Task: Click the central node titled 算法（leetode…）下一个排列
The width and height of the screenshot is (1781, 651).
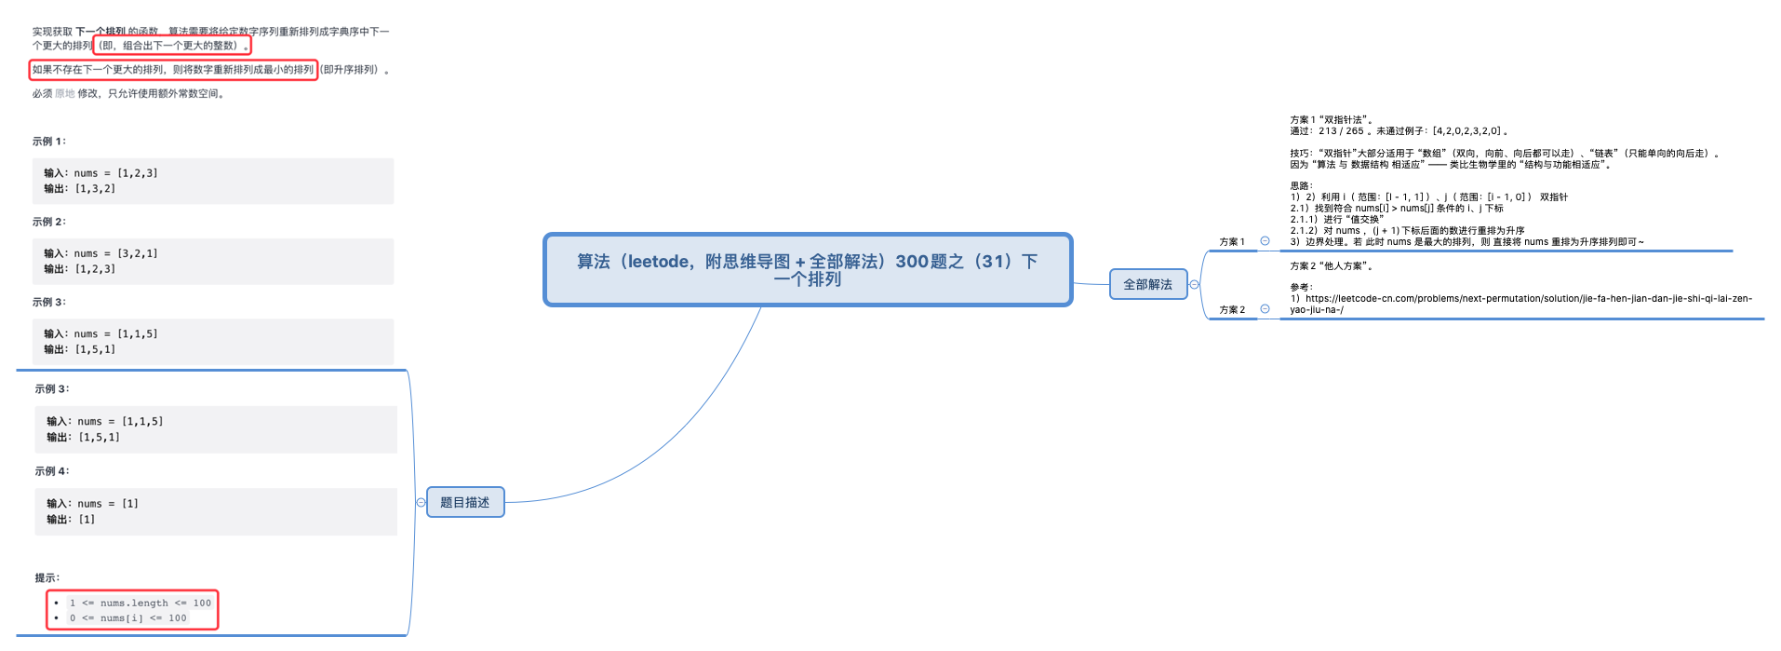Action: (807, 269)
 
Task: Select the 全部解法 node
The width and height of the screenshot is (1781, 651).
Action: (1147, 284)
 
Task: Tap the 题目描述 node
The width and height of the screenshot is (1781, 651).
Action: (464, 502)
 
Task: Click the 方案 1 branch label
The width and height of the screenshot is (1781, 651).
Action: (1231, 241)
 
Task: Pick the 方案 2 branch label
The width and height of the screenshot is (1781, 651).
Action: (1231, 309)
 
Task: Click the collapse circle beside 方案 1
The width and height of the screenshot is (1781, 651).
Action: (1265, 241)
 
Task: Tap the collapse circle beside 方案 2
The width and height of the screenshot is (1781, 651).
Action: (1265, 309)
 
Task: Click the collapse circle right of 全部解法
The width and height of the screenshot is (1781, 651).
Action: (1195, 285)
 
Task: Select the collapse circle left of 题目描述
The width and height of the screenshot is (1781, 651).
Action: (421, 503)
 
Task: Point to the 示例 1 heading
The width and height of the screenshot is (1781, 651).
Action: (49, 142)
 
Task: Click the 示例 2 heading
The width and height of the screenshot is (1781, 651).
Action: (49, 222)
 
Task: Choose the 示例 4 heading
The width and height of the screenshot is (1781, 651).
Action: (52, 471)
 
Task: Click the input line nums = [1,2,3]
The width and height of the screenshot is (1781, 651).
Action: (100, 173)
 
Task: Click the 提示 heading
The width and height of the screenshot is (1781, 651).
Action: (47, 577)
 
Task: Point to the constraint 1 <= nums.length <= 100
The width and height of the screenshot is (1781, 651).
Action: (141, 603)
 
